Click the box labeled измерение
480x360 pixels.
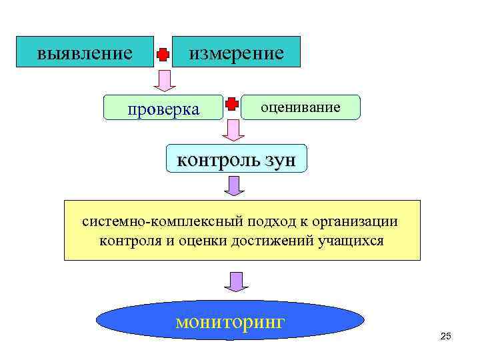point(236,52)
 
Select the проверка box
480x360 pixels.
point(163,108)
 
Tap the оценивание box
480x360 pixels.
point(300,107)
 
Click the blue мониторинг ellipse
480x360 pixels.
point(231,323)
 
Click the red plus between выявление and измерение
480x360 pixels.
point(163,55)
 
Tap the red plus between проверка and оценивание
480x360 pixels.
point(231,104)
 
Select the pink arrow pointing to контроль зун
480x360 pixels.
point(233,131)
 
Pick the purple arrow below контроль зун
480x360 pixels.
point(234,186)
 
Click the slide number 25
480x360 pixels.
point(446,336)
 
